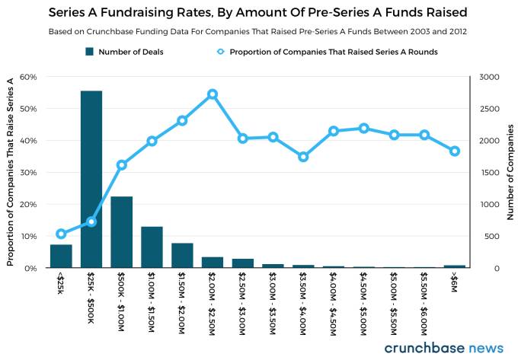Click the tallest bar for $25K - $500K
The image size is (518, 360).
point(91,180)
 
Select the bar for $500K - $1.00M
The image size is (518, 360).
point(122,232)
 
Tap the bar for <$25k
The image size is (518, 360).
point(61,256)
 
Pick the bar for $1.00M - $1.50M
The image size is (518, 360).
point(152,247)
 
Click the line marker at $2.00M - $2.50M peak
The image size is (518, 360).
point(213,94)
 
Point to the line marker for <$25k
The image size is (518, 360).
point(61,234)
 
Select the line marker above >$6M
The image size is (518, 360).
point(455,151)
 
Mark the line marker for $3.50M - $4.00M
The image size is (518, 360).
point(303,157)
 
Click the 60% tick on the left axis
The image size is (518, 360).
point(28,77)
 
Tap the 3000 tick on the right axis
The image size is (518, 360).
point(489,77)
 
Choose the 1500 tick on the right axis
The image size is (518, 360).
point(489,173)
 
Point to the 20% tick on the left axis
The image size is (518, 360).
point(28,205)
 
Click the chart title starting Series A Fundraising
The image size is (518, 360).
point(258,13)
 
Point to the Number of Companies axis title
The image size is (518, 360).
point(510,172)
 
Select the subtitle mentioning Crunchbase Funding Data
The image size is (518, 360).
point(258,32)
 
